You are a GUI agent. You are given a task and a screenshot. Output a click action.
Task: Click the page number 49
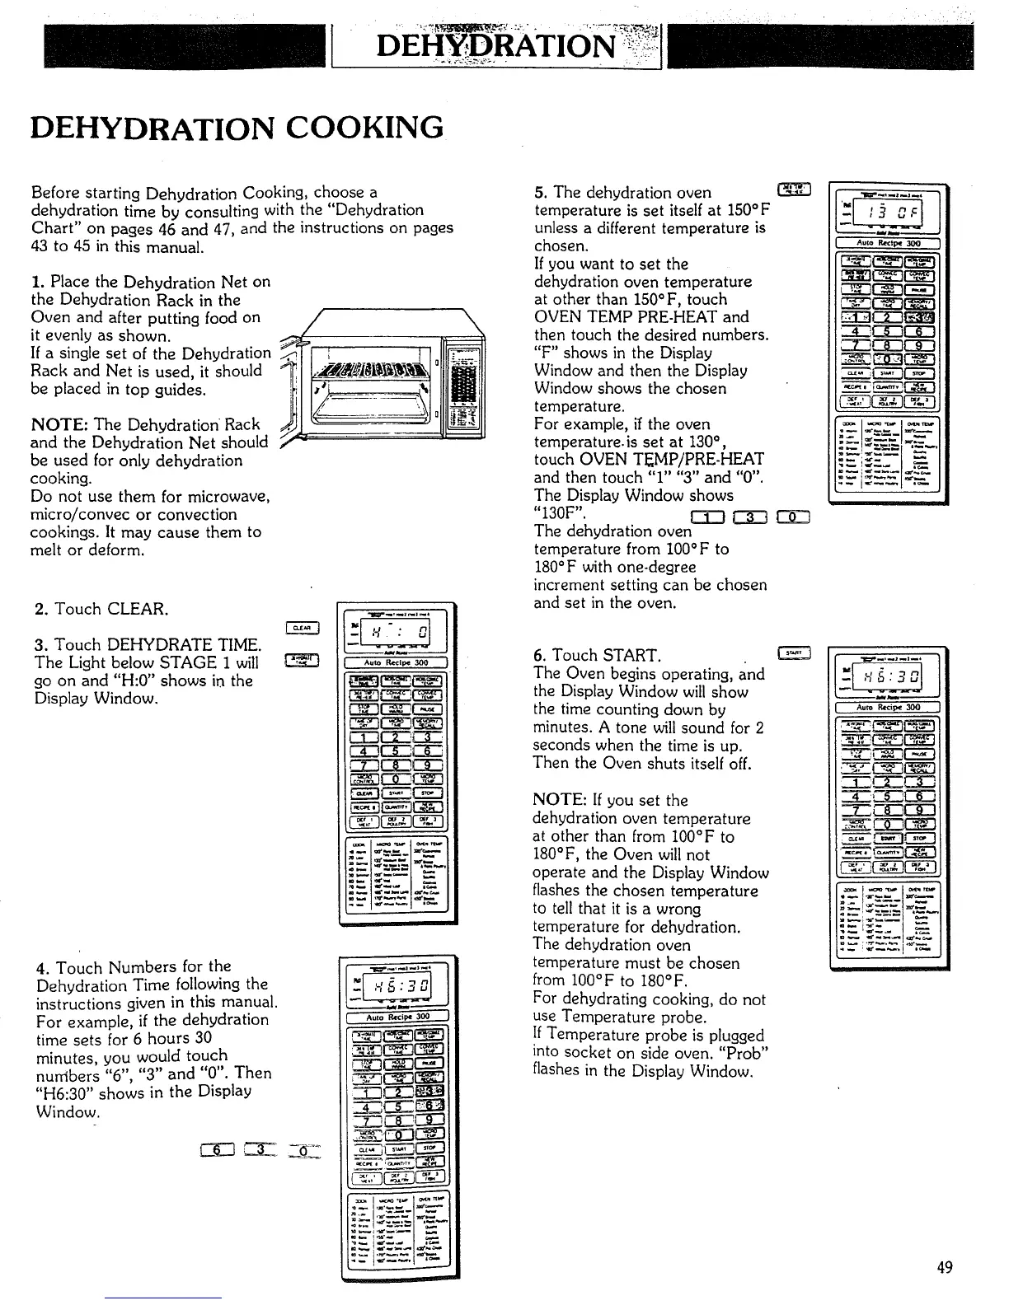(945, 1267)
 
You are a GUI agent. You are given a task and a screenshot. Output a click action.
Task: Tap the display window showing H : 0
(398, 634)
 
